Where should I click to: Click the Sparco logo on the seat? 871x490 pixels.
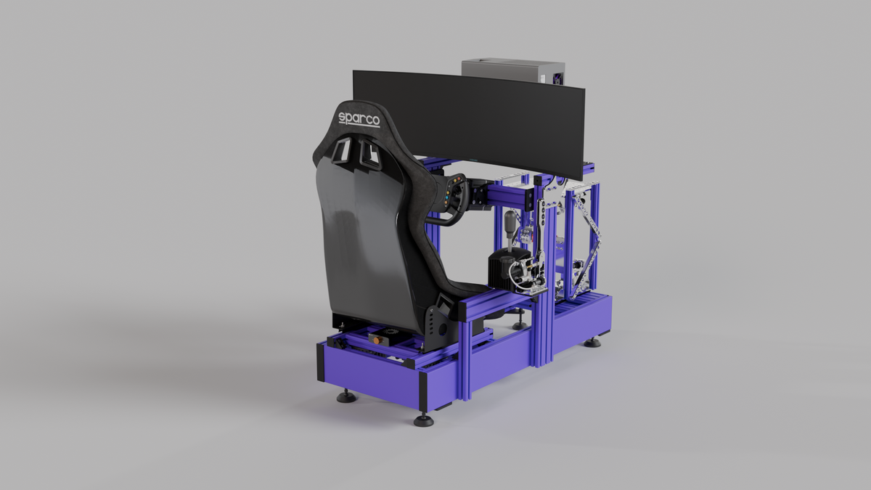point(359,119)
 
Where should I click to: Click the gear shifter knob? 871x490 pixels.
point(513,219)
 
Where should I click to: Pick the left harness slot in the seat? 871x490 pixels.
point(340,150)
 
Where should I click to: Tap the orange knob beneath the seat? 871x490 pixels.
point(378,338)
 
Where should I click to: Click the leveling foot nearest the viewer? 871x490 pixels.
point(423,420)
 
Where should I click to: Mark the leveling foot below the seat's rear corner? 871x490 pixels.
point(345,396)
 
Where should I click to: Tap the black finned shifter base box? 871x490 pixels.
point(502,270)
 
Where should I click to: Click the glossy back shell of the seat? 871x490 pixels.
point(363,240)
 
